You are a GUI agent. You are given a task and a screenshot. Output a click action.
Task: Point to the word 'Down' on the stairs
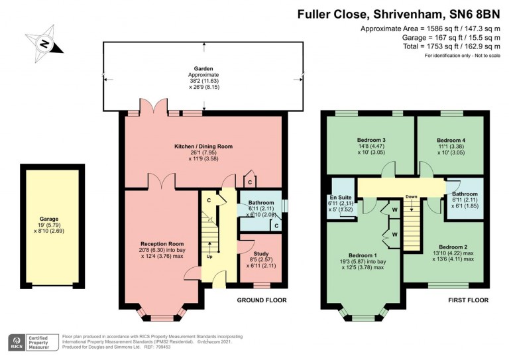click(411, 196)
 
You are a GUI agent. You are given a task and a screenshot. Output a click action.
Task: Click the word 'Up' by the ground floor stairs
click(209, 256)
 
